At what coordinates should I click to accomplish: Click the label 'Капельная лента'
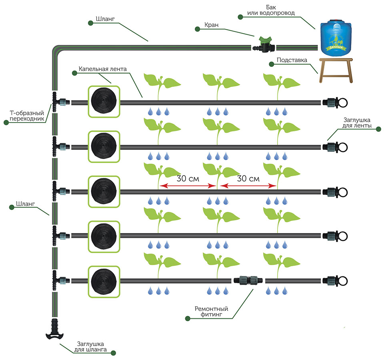102,69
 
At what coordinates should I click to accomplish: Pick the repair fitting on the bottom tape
248,280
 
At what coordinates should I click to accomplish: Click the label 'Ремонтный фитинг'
211,312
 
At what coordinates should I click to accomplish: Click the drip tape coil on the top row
104,102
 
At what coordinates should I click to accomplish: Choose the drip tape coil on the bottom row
104,282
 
